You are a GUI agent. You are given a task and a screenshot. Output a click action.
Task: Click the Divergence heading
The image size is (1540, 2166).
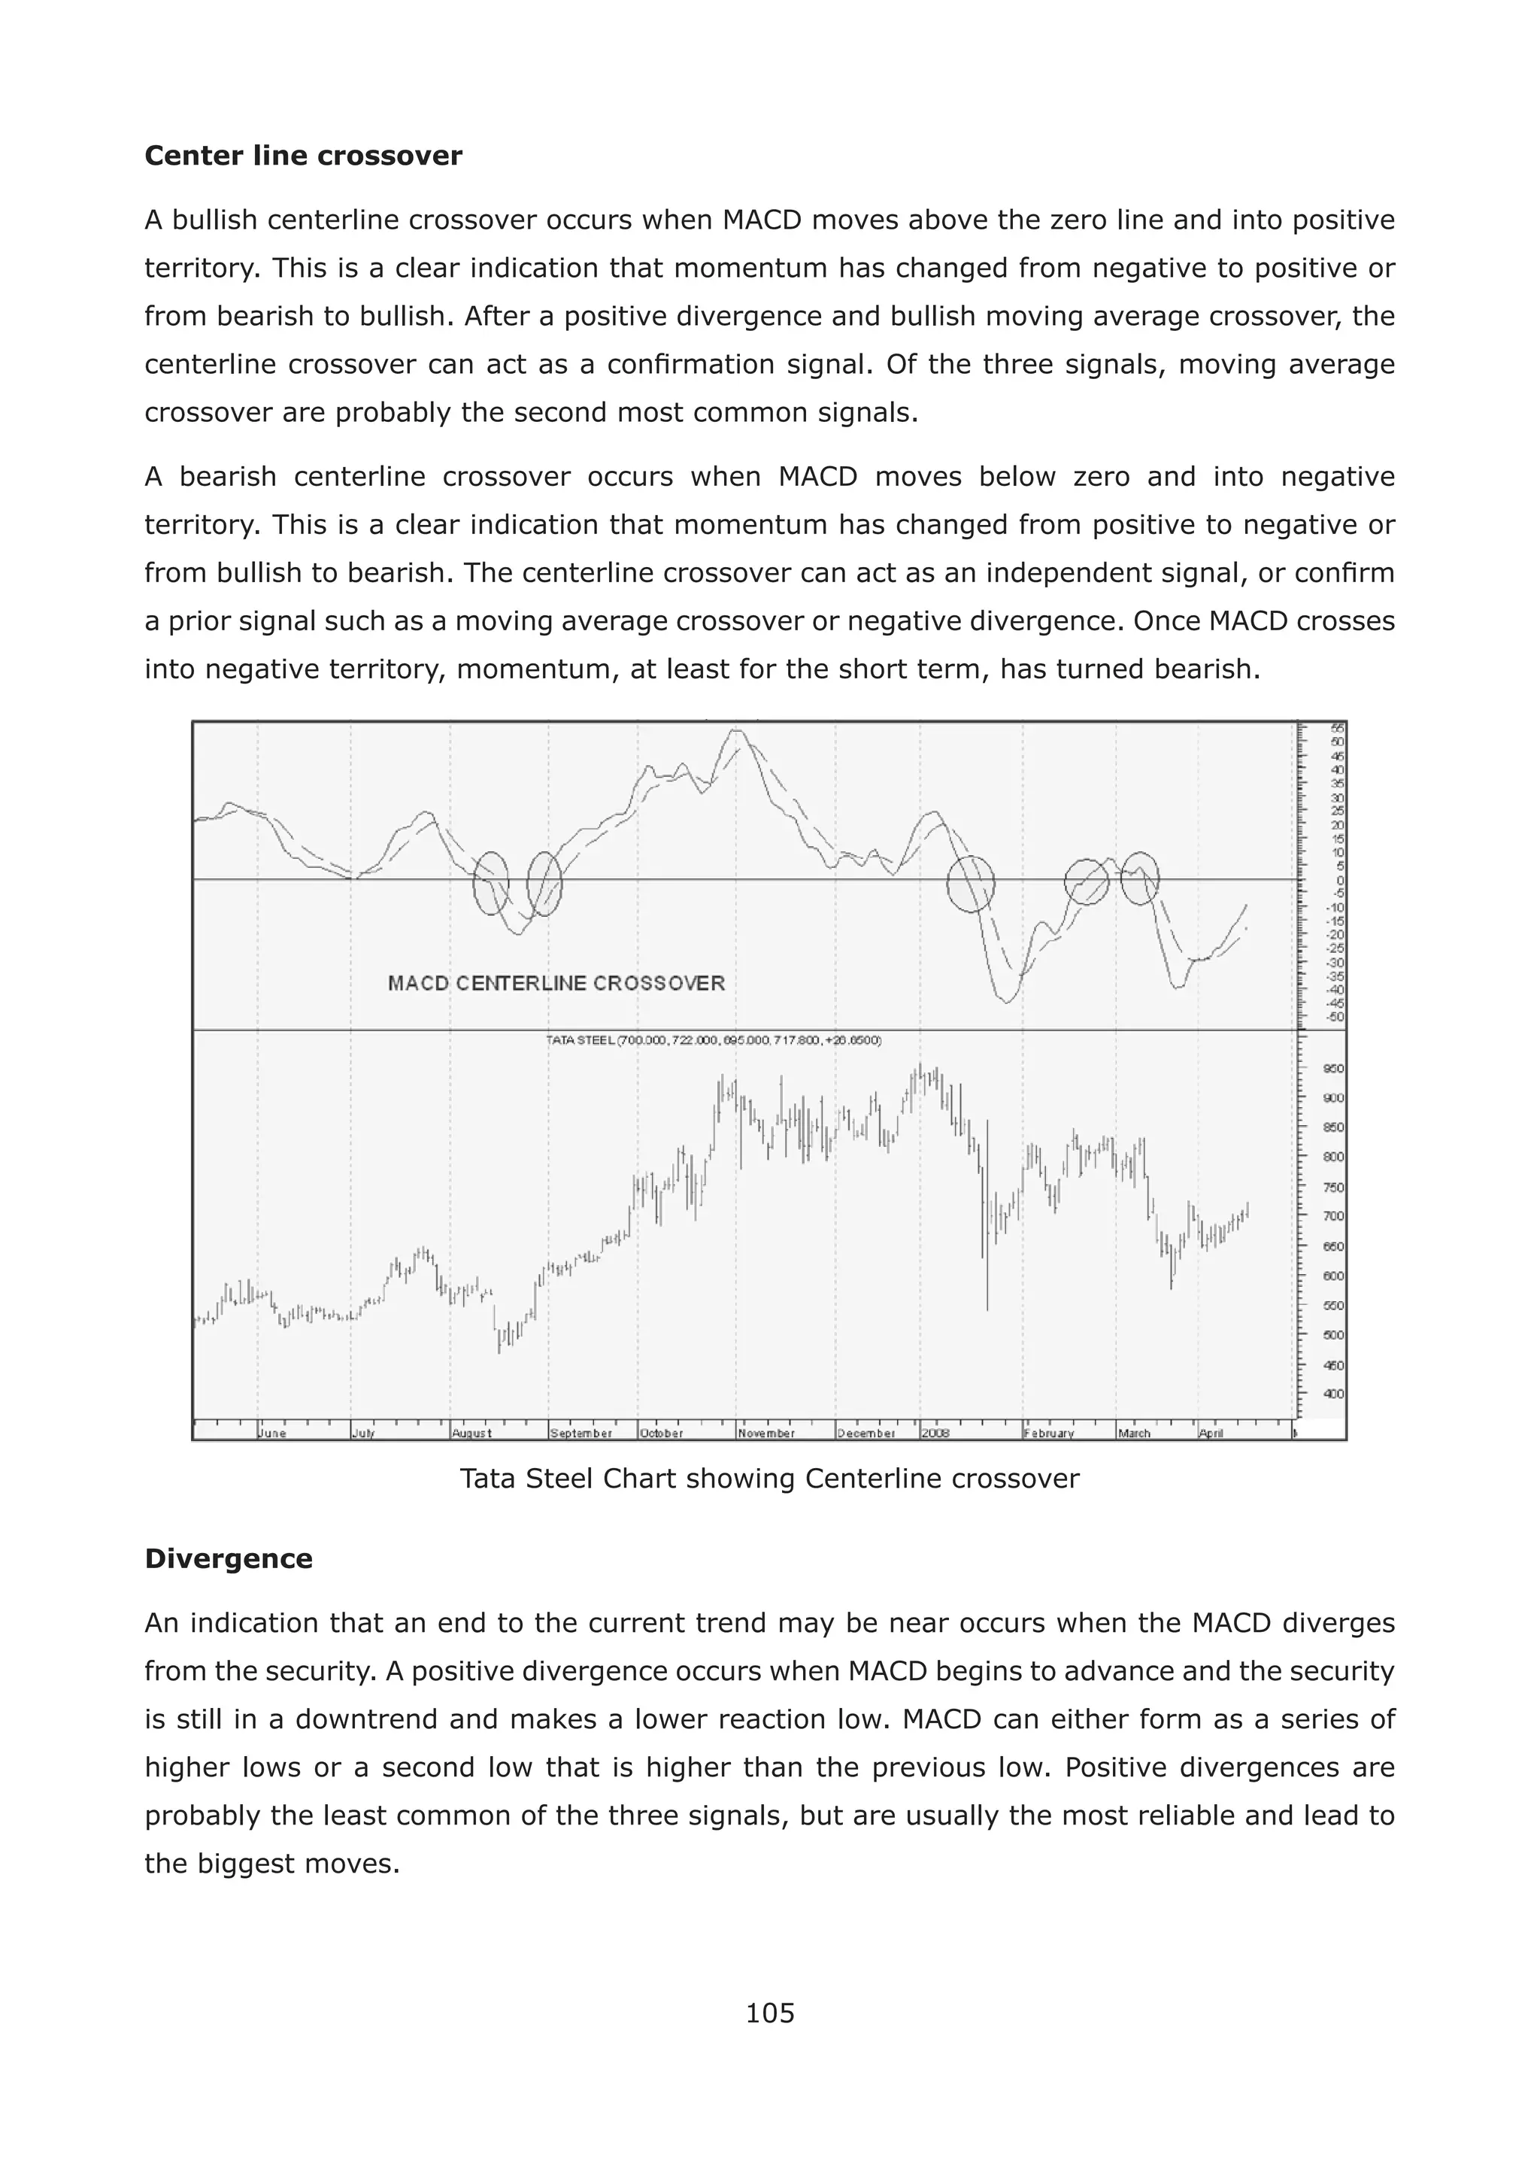229,1559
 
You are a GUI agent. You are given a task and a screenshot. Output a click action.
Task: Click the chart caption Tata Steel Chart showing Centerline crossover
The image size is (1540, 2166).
769,1479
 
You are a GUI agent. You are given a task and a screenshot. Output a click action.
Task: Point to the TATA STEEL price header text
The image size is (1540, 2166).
713,1040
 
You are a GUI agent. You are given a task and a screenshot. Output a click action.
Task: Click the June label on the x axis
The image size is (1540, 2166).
272,1433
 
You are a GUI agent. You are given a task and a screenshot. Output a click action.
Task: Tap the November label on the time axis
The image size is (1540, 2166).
766,1433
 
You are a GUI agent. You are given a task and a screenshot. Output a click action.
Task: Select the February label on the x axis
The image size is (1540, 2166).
1049,1433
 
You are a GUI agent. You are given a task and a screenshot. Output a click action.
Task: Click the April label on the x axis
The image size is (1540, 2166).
1211,1433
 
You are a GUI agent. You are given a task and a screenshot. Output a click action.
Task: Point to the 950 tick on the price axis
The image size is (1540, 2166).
1332,1069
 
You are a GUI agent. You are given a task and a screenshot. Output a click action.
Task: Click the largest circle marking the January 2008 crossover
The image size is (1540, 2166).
971,884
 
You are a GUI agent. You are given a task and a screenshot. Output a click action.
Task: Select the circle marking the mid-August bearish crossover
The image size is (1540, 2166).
491,883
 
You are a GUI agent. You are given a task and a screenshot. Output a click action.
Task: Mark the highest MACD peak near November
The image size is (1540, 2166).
737,731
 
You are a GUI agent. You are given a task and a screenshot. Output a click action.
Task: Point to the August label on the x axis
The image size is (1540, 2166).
471,1433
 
